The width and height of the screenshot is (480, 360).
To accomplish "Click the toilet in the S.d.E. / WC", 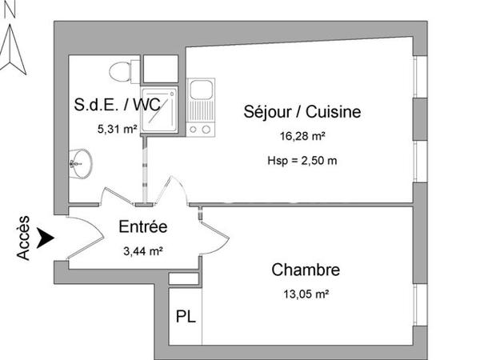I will (122, 70).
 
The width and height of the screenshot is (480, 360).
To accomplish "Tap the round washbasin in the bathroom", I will (80, 162).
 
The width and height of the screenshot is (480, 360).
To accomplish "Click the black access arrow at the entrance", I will (46, 238).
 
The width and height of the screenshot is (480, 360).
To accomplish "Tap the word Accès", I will (24, 238).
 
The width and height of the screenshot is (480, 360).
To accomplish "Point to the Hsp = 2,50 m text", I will (302, 160).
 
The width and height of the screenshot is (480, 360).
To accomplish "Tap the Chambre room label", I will (306, 270).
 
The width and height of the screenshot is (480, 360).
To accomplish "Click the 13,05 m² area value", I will (306, 294).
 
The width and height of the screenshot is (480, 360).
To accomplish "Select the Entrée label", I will (142, 227).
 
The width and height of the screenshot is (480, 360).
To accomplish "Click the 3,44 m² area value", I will (142, 250).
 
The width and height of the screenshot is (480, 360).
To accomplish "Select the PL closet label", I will (185, 316).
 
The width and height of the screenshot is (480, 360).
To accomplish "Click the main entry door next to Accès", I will (84, 240).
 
